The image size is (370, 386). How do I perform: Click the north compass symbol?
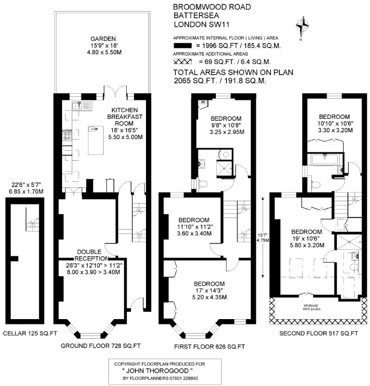pyautogui.click(x=302, y=27)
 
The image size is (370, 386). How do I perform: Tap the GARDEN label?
pyautogui.click(x=103, y=39)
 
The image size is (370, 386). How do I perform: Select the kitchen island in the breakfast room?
pyautogui.click(x=96, y=140)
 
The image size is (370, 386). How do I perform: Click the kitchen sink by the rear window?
pyautogui.click(x=81, y=105)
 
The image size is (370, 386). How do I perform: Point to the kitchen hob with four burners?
pyautogui.click(x=67, y=135)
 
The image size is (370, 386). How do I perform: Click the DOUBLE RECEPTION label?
pyautogui.click(x=92, y=255)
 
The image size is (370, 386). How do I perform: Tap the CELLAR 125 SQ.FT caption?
pyautogui.click(x=30, y=334)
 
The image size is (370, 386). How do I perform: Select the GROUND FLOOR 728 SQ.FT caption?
pyautogui.click(x=101, y=346)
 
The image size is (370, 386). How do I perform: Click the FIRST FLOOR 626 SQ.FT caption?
pyautogui.click(x=210, y=347)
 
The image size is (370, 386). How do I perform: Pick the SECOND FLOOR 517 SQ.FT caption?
pyautogui.click(x=318, y=334)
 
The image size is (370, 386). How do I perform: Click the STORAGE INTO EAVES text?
pyautogui.click(x=312, y=307)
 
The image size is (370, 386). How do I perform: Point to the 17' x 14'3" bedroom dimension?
pyautogui.click(x=210, y=291)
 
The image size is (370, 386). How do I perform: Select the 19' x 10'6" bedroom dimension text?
pyautogui.click(x=307, y=239)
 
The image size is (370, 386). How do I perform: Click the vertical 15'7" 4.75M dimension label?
pyautogui.click(x=263, y=238)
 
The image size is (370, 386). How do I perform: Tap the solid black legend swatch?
pyautogui.click(x=183, y=46)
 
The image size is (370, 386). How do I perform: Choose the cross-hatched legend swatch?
pyautogui.click(x=183, y=62)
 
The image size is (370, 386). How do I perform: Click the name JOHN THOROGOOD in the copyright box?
pyautogui.click(x=158, y=371)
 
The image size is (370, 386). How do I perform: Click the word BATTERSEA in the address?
pyautogui.click(x=197, y=15)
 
